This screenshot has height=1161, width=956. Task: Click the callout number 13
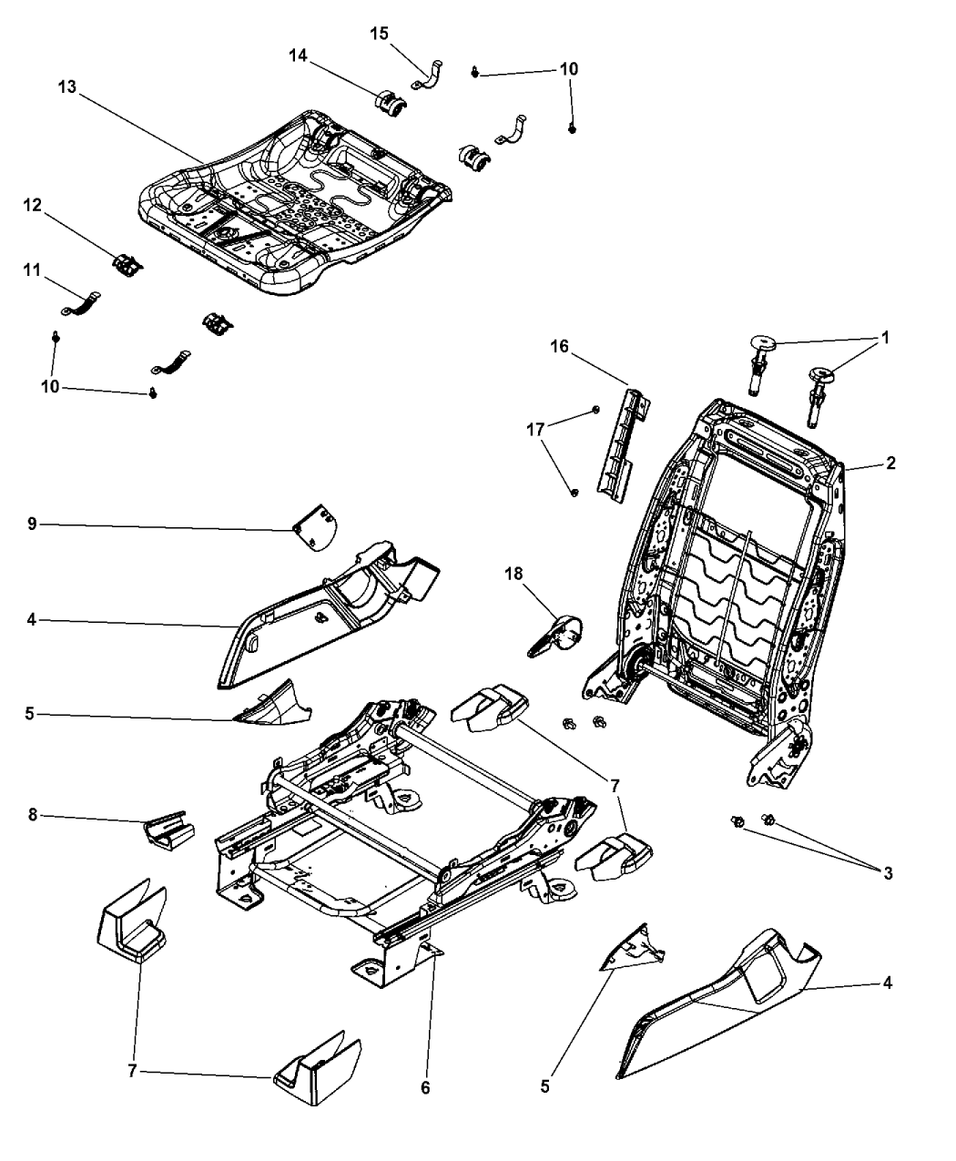[67, 87]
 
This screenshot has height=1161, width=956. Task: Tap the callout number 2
[890, 463]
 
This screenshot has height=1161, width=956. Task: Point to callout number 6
[425, 1087]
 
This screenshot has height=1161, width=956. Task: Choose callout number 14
[298, 56]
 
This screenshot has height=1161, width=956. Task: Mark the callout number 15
[379, 34]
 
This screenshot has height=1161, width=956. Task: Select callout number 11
[33, 270]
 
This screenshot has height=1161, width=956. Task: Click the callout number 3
[888, 873]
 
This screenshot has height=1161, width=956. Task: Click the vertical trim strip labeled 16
[619, 446]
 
